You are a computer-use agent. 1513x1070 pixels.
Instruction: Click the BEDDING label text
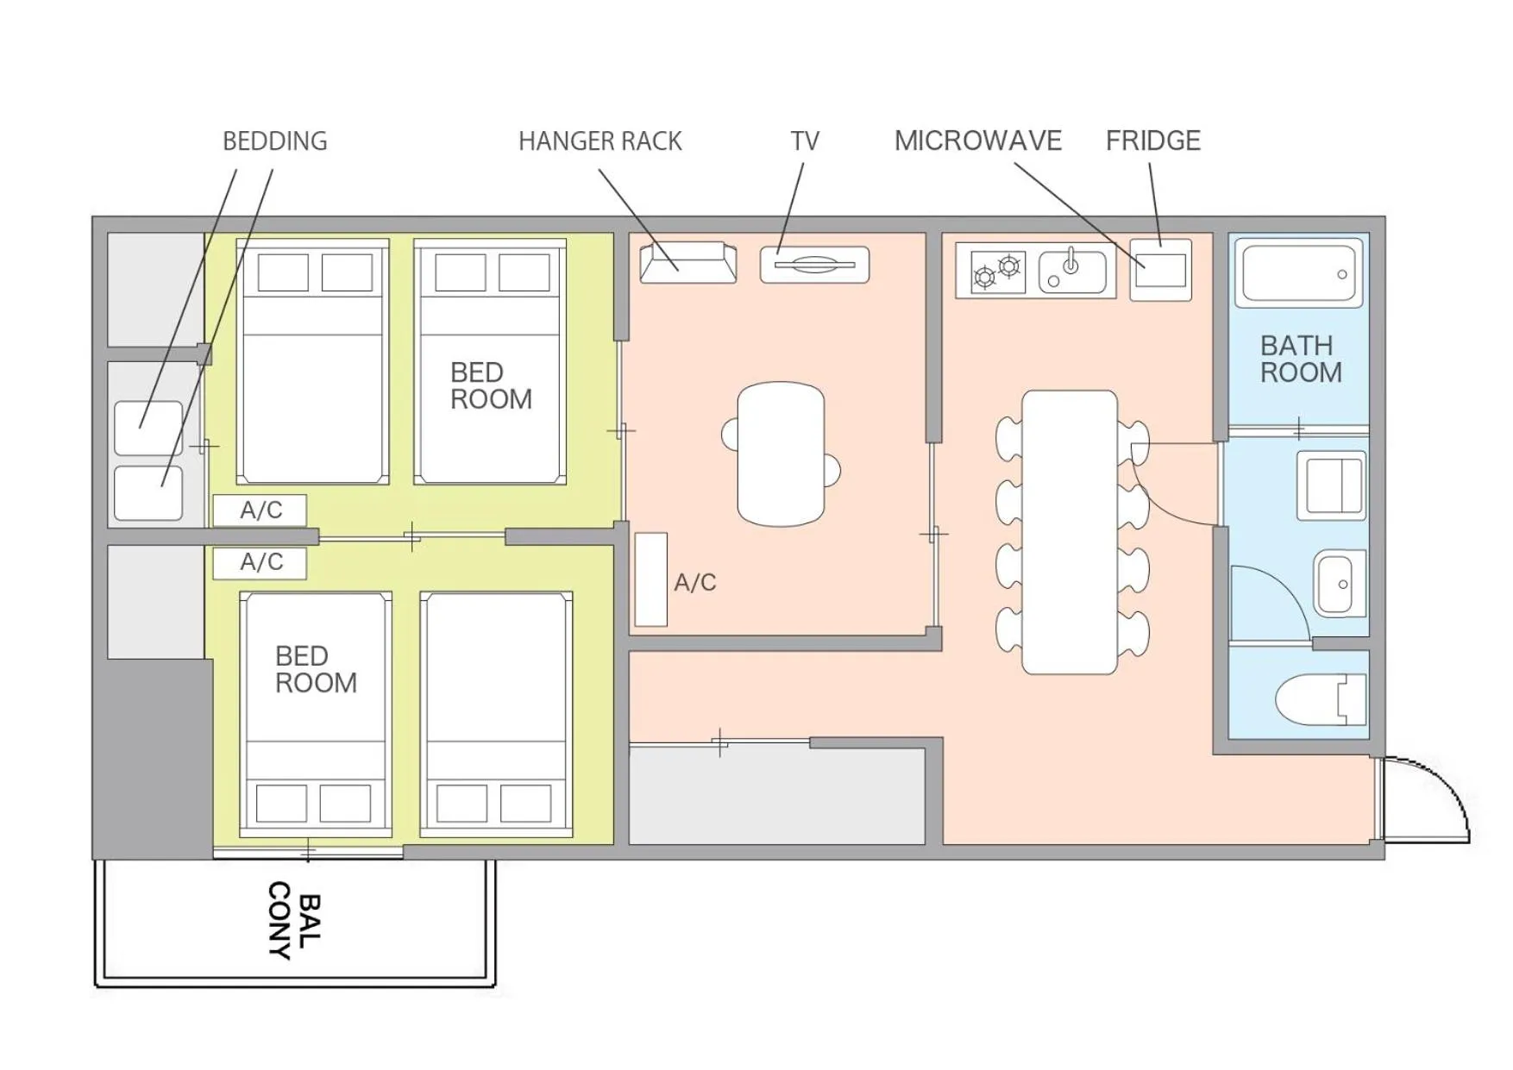point(274,141)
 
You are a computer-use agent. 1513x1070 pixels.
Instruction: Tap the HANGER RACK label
point(600,141)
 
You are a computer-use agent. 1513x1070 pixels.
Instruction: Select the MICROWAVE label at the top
point(977,141)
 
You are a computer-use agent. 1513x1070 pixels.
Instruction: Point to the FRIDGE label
point(1152,141)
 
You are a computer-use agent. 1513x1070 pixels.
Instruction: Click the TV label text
point(804,141)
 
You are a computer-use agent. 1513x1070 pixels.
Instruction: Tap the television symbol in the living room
point(813,265)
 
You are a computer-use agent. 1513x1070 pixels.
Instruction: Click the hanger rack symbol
point(687,262)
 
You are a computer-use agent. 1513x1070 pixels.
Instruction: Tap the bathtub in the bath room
point(1298,272)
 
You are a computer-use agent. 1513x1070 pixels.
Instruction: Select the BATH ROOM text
point(1300,359)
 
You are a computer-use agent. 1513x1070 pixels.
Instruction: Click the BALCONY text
point(293,920)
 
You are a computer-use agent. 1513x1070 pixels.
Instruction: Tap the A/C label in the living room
point(694,583)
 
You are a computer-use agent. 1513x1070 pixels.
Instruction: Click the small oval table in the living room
point(781,454)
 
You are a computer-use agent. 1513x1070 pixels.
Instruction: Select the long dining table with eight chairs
point(1069,532)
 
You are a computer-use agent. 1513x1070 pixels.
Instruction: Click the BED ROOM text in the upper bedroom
point(490,385)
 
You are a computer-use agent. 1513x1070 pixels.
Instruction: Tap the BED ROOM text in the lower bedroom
point(315,669)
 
